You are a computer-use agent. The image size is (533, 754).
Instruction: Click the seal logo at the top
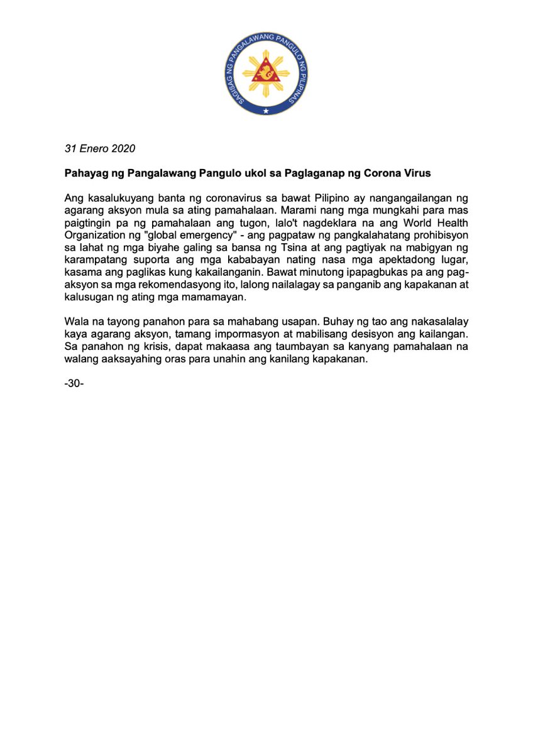pyautogui.click(x=266, y=74)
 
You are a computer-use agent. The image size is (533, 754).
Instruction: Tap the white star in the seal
pyautogui.click(x=266, y=111)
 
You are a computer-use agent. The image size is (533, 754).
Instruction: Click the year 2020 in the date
pyautogui.click(x=122, y=149)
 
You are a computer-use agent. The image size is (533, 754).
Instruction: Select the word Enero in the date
pyautogui.click(x=92, y=149)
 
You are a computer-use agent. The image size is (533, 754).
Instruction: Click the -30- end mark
pyautogui.click(x=74, y=381)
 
